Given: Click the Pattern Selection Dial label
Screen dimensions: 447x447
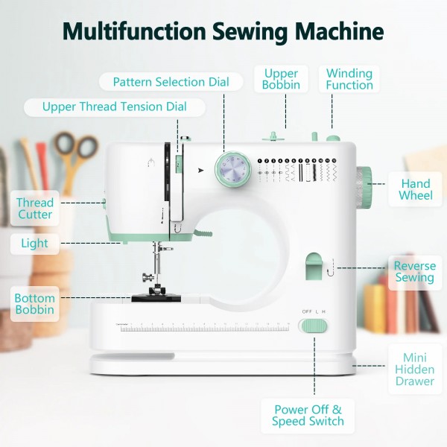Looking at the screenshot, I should [x=171, y=81].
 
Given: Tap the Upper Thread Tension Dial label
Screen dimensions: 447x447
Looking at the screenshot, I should [x=114, y=107].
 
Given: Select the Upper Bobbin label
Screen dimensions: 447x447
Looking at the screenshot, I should [x=281, y=79].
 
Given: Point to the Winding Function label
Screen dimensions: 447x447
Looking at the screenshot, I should [x=349, y=79].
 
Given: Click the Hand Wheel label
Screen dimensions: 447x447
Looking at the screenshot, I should [x=415, y=189].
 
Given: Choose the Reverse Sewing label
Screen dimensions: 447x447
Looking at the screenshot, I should [x=414, y=272].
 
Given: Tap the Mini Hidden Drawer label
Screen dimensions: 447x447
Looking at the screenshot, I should [x=414, y=370].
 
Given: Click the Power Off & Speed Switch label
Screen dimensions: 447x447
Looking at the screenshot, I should [x=308, y=415].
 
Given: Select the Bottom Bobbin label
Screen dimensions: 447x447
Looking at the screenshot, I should [x=34, y=304].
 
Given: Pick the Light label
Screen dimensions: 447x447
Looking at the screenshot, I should [x=34, y=243].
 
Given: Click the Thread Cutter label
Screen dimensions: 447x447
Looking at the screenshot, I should [x=35, y=209].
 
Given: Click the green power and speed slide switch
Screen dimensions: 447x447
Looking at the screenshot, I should [x=313, y=326].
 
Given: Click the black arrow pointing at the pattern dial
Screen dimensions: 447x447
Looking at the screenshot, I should [x=200, y=171].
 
